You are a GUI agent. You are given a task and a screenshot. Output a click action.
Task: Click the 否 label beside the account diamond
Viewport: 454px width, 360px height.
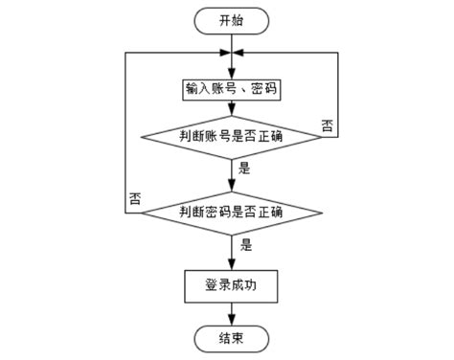pyautogui.click(x=328, y=126)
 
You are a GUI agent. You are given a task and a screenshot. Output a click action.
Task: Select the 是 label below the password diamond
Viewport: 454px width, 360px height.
pyautogui.click(x=246, y=244)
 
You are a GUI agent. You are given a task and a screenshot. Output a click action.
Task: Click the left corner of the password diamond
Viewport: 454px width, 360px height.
pyautogui.click(x=142, y=212)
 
